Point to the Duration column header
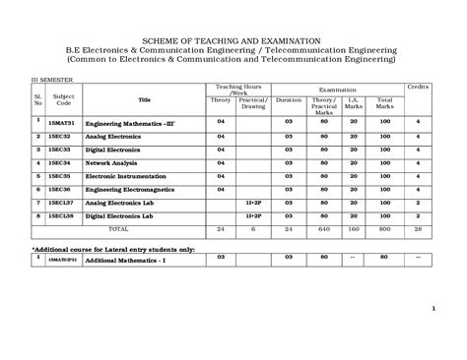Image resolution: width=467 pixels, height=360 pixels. pyautogui.click(x=289, y=99)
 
